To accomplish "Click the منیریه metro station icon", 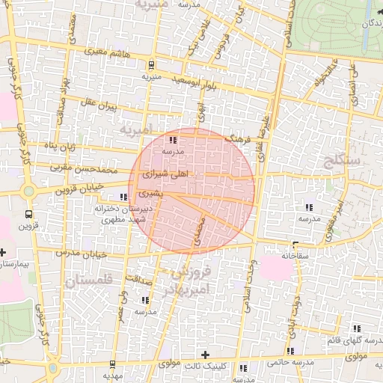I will click(153, 64).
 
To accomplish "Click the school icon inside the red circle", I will click(172, 139).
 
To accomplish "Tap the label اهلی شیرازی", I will click(165, 173).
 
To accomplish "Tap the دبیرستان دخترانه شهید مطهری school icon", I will click(123, 197).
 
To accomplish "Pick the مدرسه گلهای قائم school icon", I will click(356, 328).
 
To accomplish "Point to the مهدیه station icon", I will click(112, 364).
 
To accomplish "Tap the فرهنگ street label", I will click(239, 139).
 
